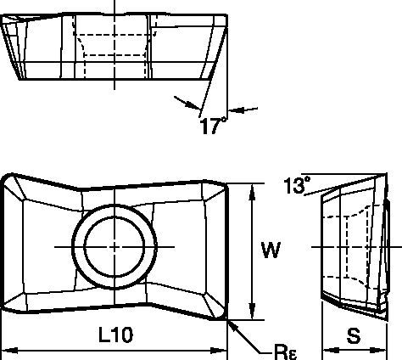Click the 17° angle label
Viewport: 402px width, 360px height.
(214, 127)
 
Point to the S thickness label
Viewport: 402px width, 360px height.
(352, 337)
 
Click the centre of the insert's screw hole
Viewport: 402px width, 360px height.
(116, 245)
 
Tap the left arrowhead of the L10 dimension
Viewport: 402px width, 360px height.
(7, 349)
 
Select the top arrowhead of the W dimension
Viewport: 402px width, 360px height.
(251, 188)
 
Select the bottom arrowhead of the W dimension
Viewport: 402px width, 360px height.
(251, 315)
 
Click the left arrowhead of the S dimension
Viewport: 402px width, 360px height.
(322, 349)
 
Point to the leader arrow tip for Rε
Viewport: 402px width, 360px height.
(230, 321)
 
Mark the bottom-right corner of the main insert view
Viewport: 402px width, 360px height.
(224, 317)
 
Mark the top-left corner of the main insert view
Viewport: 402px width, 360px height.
(7, 176)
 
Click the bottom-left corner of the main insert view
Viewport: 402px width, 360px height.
(7, 315)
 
